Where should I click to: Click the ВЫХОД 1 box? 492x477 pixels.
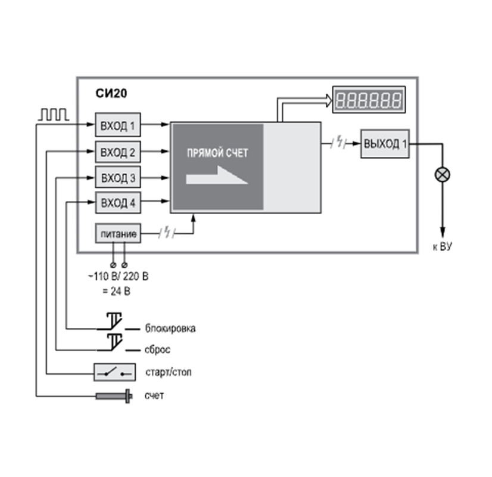[385, 144]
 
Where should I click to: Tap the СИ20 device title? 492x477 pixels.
[111, 93]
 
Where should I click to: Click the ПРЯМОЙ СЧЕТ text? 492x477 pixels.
[217, 153]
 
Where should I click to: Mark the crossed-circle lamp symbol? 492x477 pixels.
[443, 175]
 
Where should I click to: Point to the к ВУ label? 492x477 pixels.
[442, 247]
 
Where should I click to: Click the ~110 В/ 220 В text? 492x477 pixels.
[119, 277]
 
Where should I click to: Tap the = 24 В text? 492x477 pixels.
[117, 292]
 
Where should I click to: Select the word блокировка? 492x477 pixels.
[169, 329]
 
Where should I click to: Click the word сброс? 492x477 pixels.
[157, 350]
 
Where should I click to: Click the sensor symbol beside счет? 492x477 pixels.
[114, 395]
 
